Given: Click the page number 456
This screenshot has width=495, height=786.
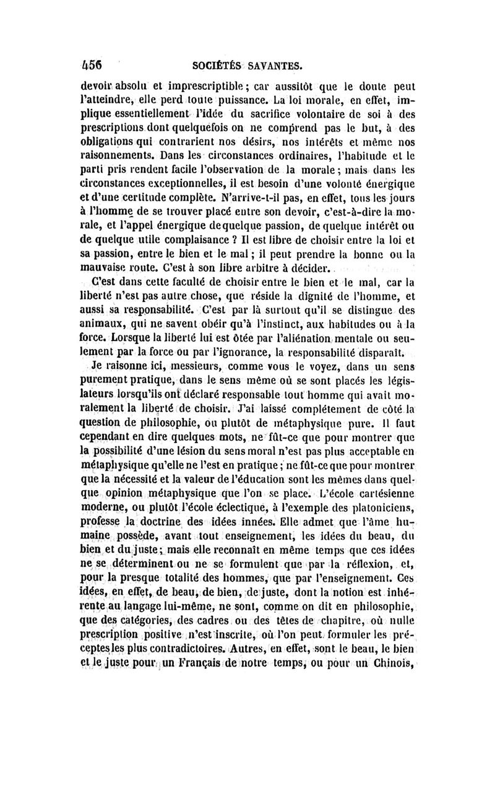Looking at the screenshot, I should pos(92,63).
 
